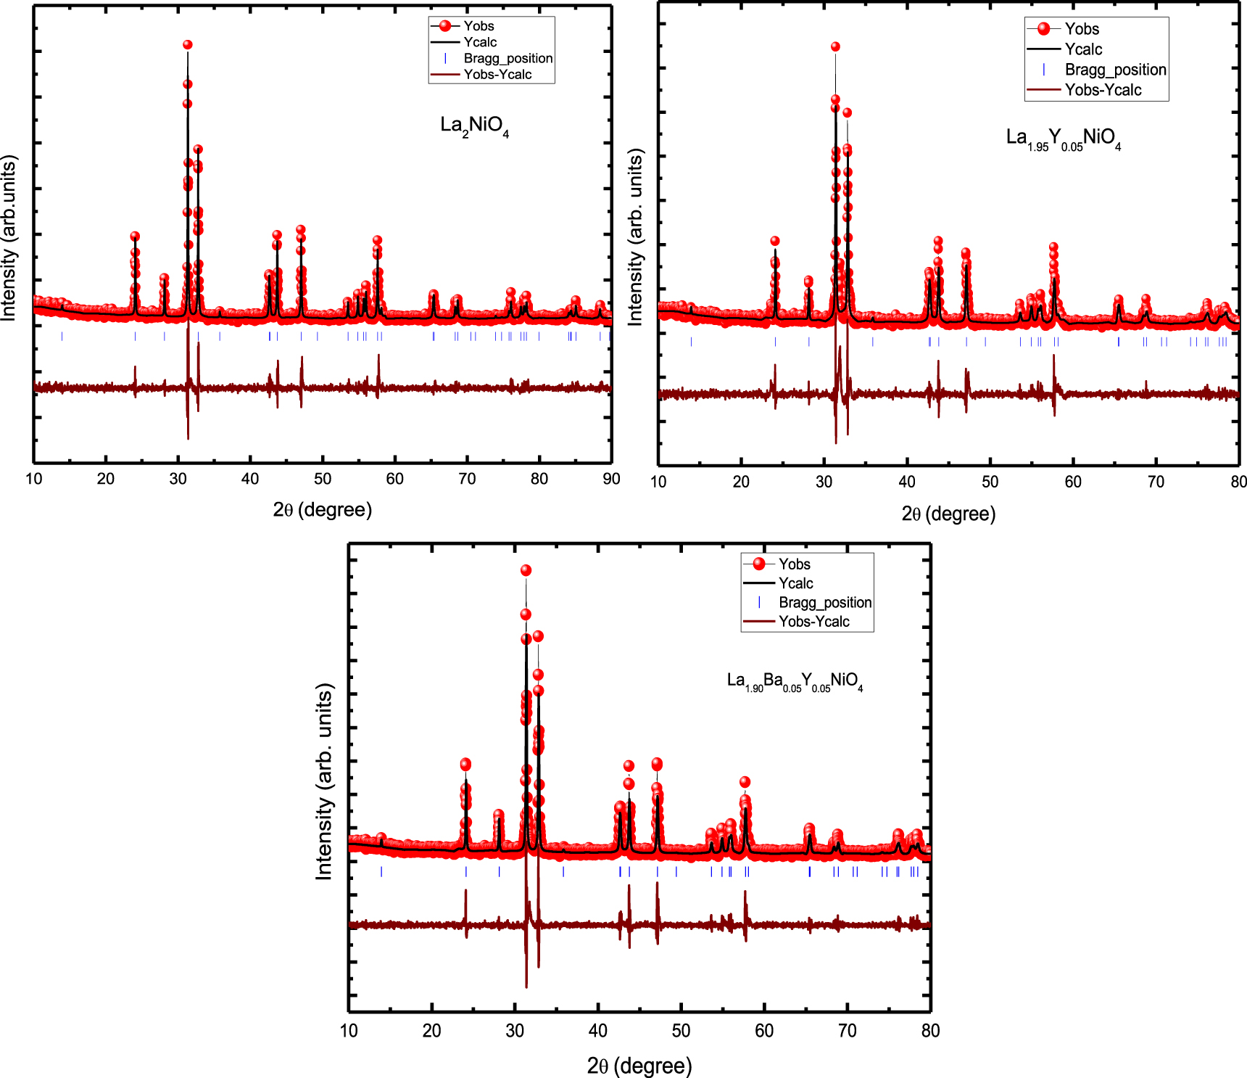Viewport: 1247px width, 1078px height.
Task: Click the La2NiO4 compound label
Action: pos(474,126)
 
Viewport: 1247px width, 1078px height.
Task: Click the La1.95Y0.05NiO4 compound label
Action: pos(1063,139)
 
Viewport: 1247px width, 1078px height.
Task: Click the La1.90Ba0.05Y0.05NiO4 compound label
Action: pos(795,682)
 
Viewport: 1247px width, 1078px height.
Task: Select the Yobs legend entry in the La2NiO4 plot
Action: pos(478,26)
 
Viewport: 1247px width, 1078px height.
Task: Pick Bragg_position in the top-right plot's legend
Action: pos(1114,70)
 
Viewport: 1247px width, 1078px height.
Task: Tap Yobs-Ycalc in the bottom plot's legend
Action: pos(813,622)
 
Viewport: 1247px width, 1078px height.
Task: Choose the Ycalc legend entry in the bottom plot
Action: pos(795,583)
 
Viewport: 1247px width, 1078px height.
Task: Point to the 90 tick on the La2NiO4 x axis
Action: pos(611,479)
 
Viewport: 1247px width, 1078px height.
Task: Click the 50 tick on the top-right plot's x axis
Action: pos(990,482)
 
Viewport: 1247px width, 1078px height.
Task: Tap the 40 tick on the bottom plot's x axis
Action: pos(598,1031)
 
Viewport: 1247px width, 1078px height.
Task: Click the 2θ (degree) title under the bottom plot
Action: pos(639,1066)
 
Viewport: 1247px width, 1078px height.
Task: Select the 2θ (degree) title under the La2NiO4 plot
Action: pos(323,509)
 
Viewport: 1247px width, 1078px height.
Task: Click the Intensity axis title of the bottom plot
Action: pos(324,781)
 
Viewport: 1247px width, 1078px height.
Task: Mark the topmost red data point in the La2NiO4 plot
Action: pos(187,45)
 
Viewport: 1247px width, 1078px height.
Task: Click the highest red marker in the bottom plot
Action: pos(526,571)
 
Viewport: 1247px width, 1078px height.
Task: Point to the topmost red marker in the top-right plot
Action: pos(835,46)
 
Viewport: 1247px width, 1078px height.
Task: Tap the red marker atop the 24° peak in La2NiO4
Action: pos(135,236)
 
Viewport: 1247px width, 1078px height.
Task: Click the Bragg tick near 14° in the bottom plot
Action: pos(381,872)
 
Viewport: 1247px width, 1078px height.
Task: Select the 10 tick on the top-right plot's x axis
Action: pos(658,482)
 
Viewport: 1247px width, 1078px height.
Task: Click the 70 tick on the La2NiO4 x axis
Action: pos(467,479)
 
